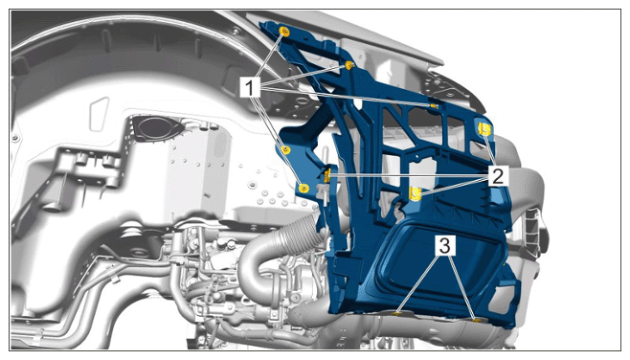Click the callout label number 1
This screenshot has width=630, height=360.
(x=250, y=87)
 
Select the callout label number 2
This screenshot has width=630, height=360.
(x=498, y=176)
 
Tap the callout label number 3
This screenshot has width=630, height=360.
(x=445, y=245)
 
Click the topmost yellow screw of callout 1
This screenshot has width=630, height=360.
(x=284, y=32)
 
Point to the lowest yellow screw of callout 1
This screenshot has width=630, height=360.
(x=304, y=188)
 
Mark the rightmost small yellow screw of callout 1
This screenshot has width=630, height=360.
(x=434, y=105)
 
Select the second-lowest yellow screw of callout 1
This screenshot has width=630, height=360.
(x=285, y=150)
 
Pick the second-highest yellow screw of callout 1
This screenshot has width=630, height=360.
(x=349, y=65)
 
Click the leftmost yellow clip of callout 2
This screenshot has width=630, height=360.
(x=327, y=175)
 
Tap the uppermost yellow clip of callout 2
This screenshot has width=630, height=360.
(x=485, y=129)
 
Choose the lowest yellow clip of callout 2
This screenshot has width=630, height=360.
(x=415, y=193)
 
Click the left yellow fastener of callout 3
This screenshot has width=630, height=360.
(x=397, y=313)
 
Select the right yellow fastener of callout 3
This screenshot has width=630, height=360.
(x=477, y=320)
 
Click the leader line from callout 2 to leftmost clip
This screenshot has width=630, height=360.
(x=409, y=176)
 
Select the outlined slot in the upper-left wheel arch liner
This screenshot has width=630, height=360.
(x=100, y=114)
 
